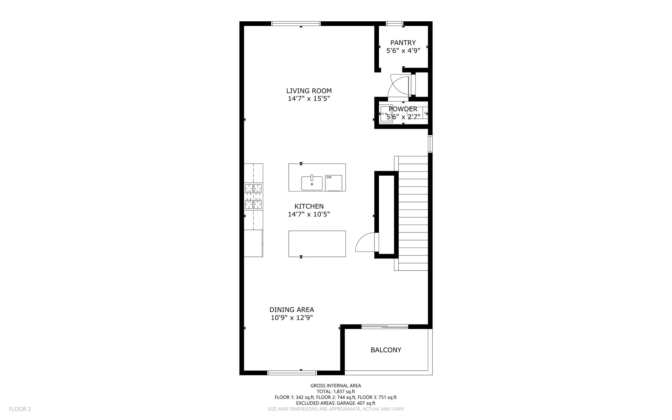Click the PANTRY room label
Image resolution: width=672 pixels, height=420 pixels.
(x=403, y=43)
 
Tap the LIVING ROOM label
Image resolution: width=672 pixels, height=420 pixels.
(x=309, y=91)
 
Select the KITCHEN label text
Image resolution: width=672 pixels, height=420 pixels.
(x=309, y=207)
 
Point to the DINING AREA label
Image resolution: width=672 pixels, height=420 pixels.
(x=291, y=310)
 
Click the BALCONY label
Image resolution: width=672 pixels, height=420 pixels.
(x=386, y=350)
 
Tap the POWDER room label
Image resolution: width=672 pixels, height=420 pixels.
(x=403, y=109)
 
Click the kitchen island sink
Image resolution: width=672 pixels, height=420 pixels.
(x=312, y=183)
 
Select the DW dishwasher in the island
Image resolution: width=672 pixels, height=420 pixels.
(x=334, y=183)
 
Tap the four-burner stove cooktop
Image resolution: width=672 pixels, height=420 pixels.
(x=253, y=196)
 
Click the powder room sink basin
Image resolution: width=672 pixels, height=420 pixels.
(x=386, y=114)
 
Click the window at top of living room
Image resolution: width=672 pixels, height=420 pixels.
(x=296, y=24)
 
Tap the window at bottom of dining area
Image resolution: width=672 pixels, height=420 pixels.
(x=292, y=373)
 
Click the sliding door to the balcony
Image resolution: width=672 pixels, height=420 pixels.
(x=385, y=326)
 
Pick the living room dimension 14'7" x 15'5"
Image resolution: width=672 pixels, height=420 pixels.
(x=309, y=99)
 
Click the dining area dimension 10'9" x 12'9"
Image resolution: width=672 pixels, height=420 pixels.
(x=291, y=318)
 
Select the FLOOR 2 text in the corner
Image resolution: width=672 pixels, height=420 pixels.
(x=20, y=409)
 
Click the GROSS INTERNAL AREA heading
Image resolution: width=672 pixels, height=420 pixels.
(x=336, y=386)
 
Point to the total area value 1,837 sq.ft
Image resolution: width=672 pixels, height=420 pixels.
(x=344, y=391)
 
